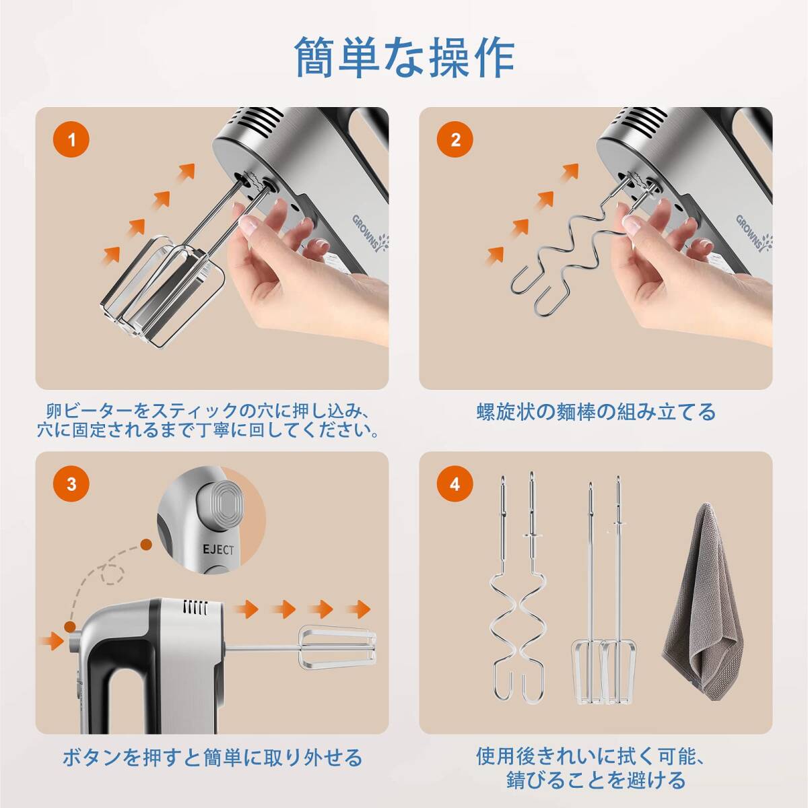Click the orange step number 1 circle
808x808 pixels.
tap(71, 139)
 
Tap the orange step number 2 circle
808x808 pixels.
tap(455, 139)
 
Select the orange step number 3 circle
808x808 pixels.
tap(71, 484)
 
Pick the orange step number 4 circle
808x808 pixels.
tap(455, 484)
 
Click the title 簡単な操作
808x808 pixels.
tap(404, 57)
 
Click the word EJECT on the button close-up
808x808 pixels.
tap(218, 549)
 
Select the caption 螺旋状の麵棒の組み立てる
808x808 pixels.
tap(596, 412)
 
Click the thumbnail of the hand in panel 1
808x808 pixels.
tap(248, 225)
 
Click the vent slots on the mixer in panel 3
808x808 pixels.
tap(195, 607)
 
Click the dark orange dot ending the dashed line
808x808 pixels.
tap(146, 545)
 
